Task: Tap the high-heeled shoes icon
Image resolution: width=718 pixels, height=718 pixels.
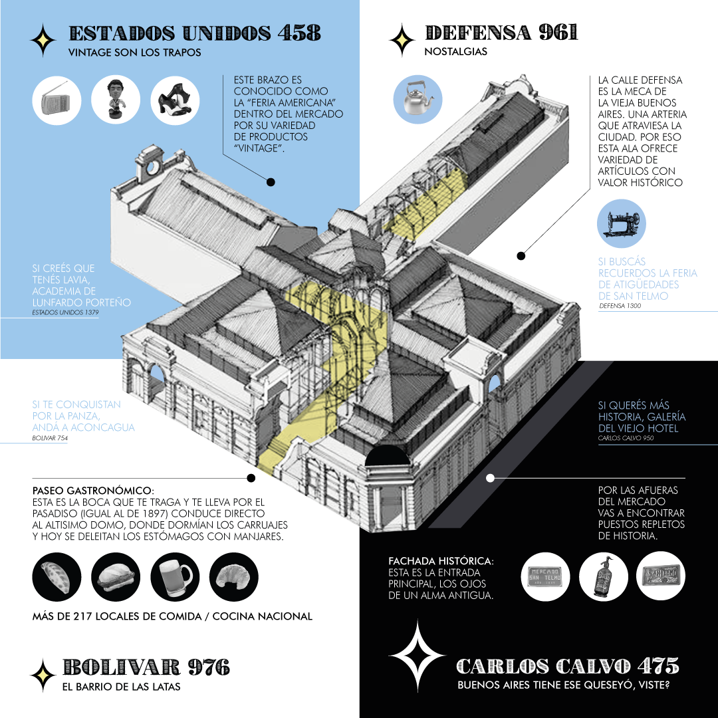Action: tap(175, 101)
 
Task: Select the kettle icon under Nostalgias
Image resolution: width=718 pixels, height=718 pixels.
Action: tap(419, 99)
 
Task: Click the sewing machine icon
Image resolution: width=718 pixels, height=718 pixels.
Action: tap(622, 223)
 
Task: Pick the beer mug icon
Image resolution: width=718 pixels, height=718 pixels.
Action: tap(175, 577)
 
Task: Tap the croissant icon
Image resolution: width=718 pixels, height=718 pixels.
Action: tap(234, 577)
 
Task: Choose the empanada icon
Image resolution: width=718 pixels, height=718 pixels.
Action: tap(57, 577)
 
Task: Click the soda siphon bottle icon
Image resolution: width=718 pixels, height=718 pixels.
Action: tap(604, 577)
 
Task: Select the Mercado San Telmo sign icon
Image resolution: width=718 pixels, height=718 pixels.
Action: tap(546, 577)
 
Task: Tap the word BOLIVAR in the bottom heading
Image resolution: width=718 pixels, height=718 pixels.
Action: tap(121, 667)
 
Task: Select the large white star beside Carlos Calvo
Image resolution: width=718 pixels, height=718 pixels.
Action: tap(417, 656)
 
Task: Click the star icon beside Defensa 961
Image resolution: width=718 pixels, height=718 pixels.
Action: tap(402, 40)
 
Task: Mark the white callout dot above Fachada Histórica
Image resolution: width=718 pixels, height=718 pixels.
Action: tap(490, 478)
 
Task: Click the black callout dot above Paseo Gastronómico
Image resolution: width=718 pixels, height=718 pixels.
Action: tap(251, 478)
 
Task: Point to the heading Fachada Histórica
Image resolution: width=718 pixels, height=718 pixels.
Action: tap(441, 562)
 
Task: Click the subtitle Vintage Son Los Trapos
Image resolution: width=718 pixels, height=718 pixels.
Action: tap(135, 52)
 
